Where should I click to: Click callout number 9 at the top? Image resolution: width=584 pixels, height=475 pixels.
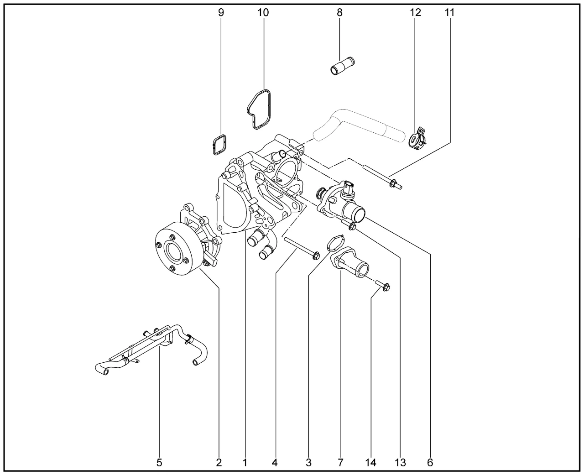click(221, 12)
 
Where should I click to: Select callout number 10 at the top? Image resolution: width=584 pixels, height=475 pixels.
click(263, 12)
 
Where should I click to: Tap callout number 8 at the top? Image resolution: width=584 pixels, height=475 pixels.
click(339, 12)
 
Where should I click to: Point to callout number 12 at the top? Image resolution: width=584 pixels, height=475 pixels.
click(416, 12)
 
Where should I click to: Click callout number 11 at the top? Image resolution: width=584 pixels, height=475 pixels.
click(450, 12)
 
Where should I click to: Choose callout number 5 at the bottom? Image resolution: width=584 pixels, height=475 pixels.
click(159, 463)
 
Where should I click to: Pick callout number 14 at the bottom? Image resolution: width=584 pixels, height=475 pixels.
click(370, 463)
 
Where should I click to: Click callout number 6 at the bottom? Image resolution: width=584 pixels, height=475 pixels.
click(430, 463)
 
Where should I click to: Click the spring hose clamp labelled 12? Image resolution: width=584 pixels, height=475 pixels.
click(417, 139)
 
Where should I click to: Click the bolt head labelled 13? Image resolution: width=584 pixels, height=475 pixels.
click(352, 226)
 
